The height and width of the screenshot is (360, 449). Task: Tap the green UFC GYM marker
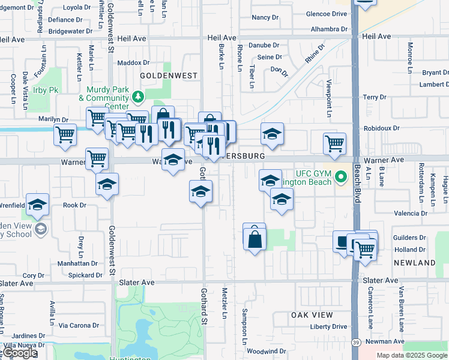[341, 177]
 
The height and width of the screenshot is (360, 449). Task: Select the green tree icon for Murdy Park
[138, 96]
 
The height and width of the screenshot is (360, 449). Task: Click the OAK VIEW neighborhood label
[312, 315]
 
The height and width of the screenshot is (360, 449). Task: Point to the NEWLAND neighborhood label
[414, 263]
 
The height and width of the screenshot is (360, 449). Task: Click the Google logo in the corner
[19, 353]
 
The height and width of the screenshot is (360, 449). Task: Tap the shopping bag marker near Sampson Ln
[255, 239]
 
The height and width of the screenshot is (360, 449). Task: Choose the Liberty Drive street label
[328, 327]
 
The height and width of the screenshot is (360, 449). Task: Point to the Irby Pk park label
[46, 90]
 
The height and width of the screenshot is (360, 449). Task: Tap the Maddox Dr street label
[133, 62]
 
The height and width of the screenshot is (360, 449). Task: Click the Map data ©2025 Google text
[412, 355]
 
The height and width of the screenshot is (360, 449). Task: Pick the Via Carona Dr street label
[79, 326]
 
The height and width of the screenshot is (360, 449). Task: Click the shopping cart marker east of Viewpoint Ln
[334, 143]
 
